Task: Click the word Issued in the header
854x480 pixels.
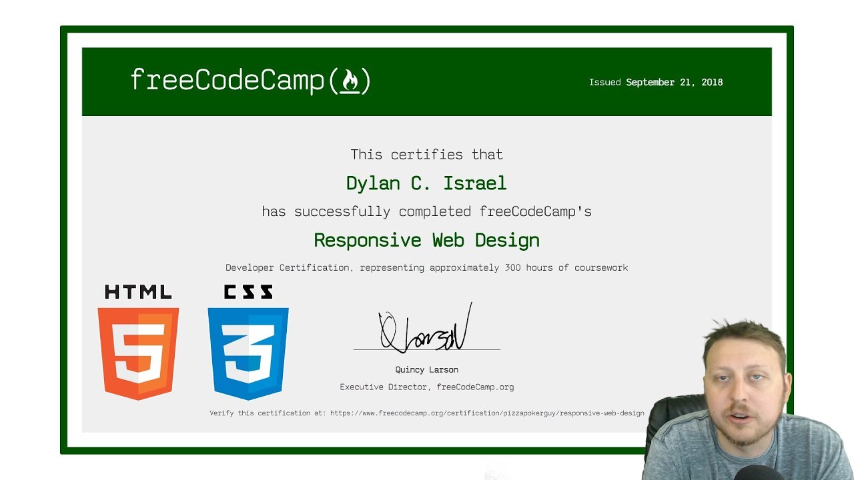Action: (x=604, y=83)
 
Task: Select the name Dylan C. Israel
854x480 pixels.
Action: (x=426, y=183)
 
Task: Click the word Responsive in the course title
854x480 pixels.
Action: (x=368, y=240)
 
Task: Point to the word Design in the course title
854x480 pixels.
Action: (x=507, y=240)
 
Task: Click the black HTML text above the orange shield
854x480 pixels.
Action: (x=138, y=292)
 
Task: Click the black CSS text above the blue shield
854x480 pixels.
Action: (x=248, y=292)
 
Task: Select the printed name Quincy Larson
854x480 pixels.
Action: (x=427, y=370)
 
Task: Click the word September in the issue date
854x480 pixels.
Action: (x=650, y=83)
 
